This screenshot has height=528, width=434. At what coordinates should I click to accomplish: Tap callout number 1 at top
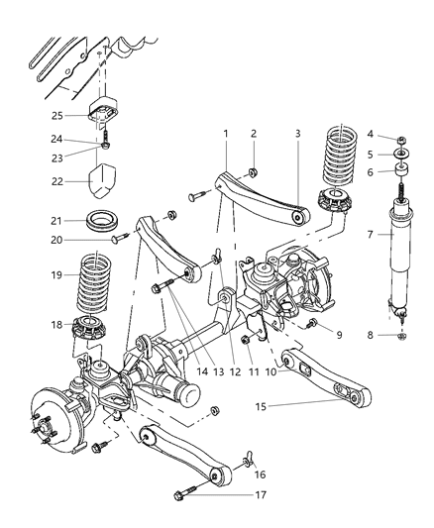coord(226,133)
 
